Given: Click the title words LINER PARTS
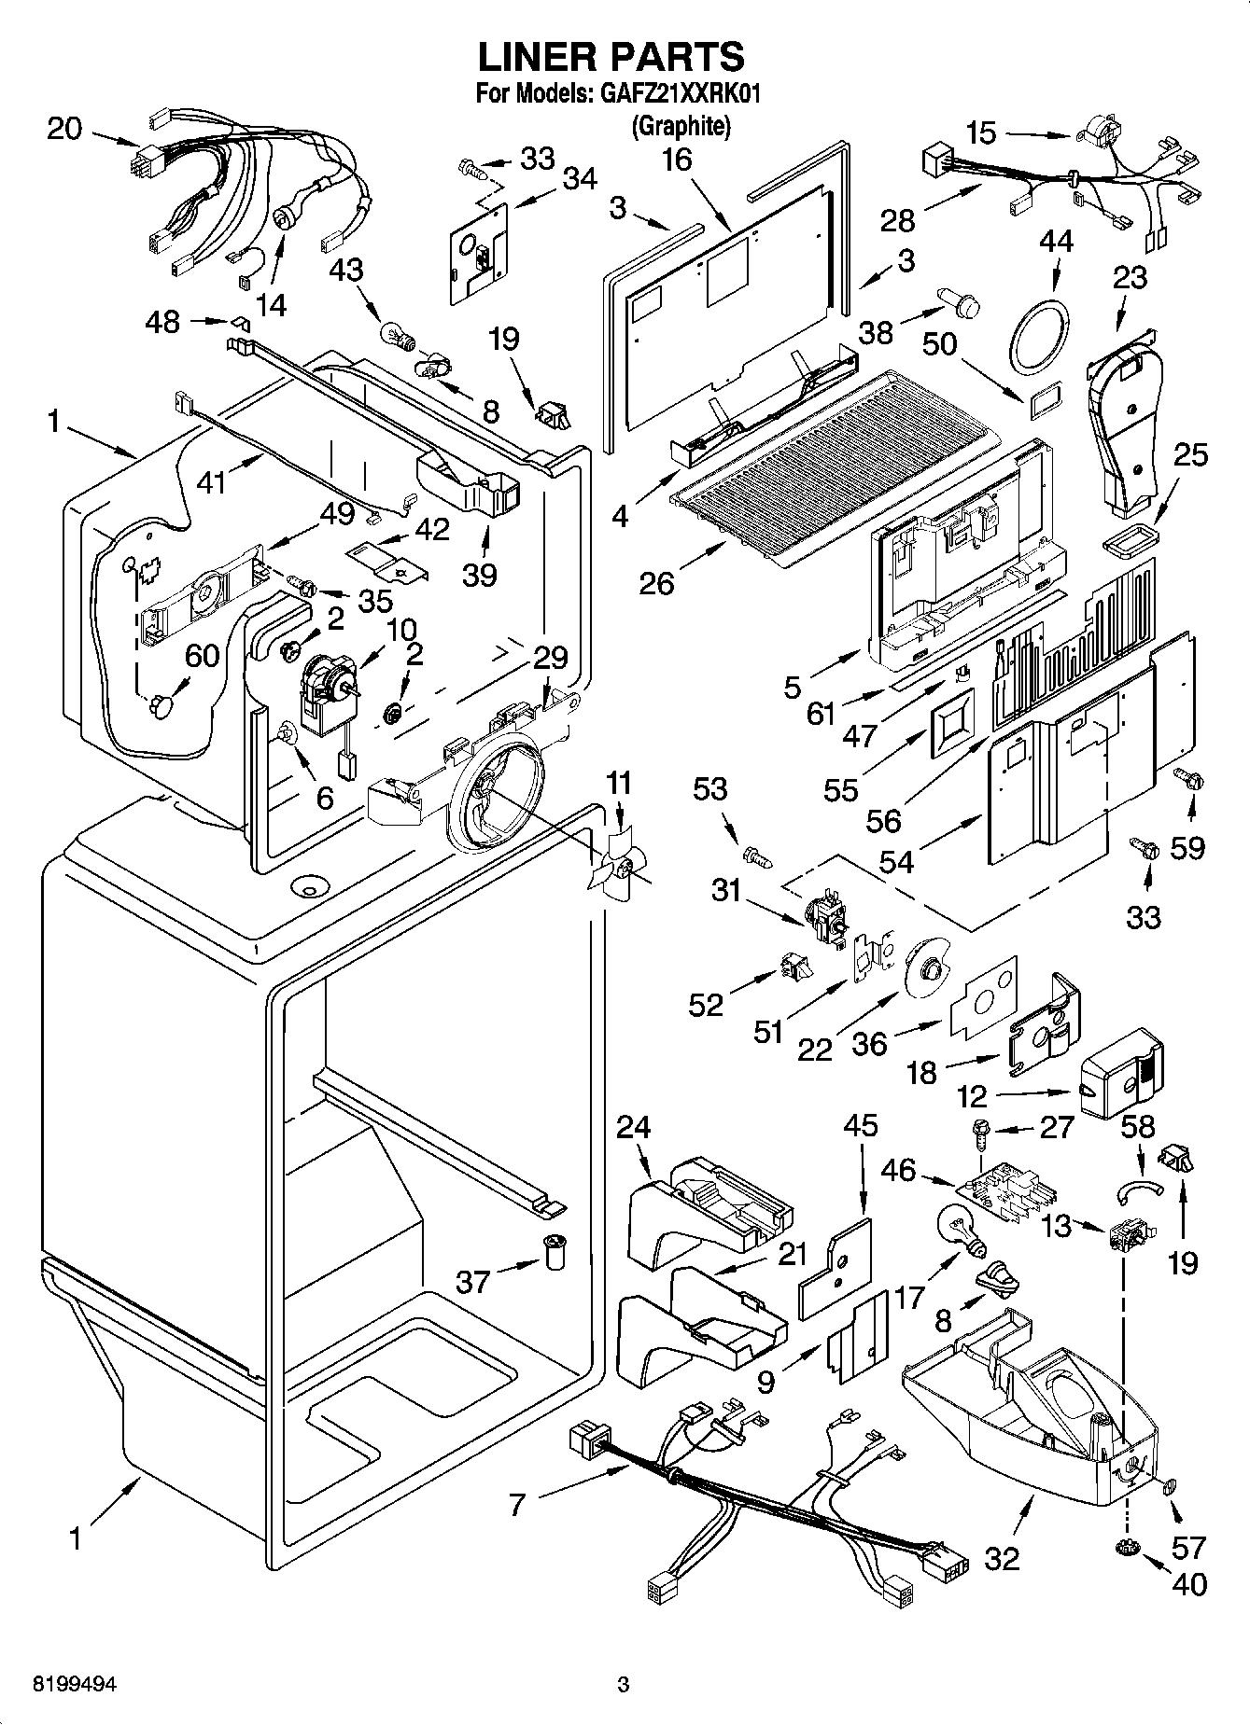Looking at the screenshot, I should click(611, 57).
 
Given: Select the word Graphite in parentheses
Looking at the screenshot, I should click(680, 125).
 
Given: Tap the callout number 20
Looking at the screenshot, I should click(64, 129).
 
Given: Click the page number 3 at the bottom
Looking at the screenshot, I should click(623, 1685).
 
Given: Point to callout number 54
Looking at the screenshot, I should click(896, 861).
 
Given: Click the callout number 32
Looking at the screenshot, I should click(1002, 1557).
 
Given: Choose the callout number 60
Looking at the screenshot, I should click(202, 656).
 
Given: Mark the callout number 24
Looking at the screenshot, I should click(633, 1127).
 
